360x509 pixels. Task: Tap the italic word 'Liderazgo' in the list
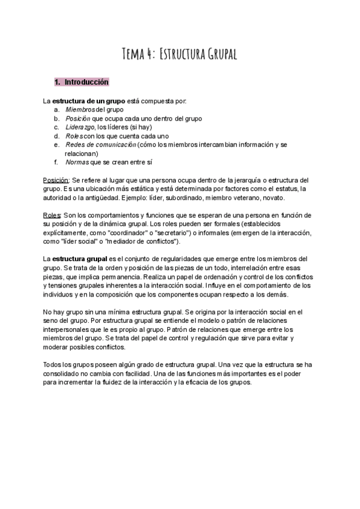(x=80, y=127)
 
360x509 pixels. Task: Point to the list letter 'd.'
(x=56, y=136)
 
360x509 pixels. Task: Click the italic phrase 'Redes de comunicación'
(x=100, y=145)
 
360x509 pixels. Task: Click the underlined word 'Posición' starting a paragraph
(x=56, y=180)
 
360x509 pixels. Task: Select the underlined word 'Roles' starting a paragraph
(x=53, y=215)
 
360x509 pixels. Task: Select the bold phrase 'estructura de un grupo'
(x=83, y=101)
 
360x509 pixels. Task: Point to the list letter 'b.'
(x=56, y=119)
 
